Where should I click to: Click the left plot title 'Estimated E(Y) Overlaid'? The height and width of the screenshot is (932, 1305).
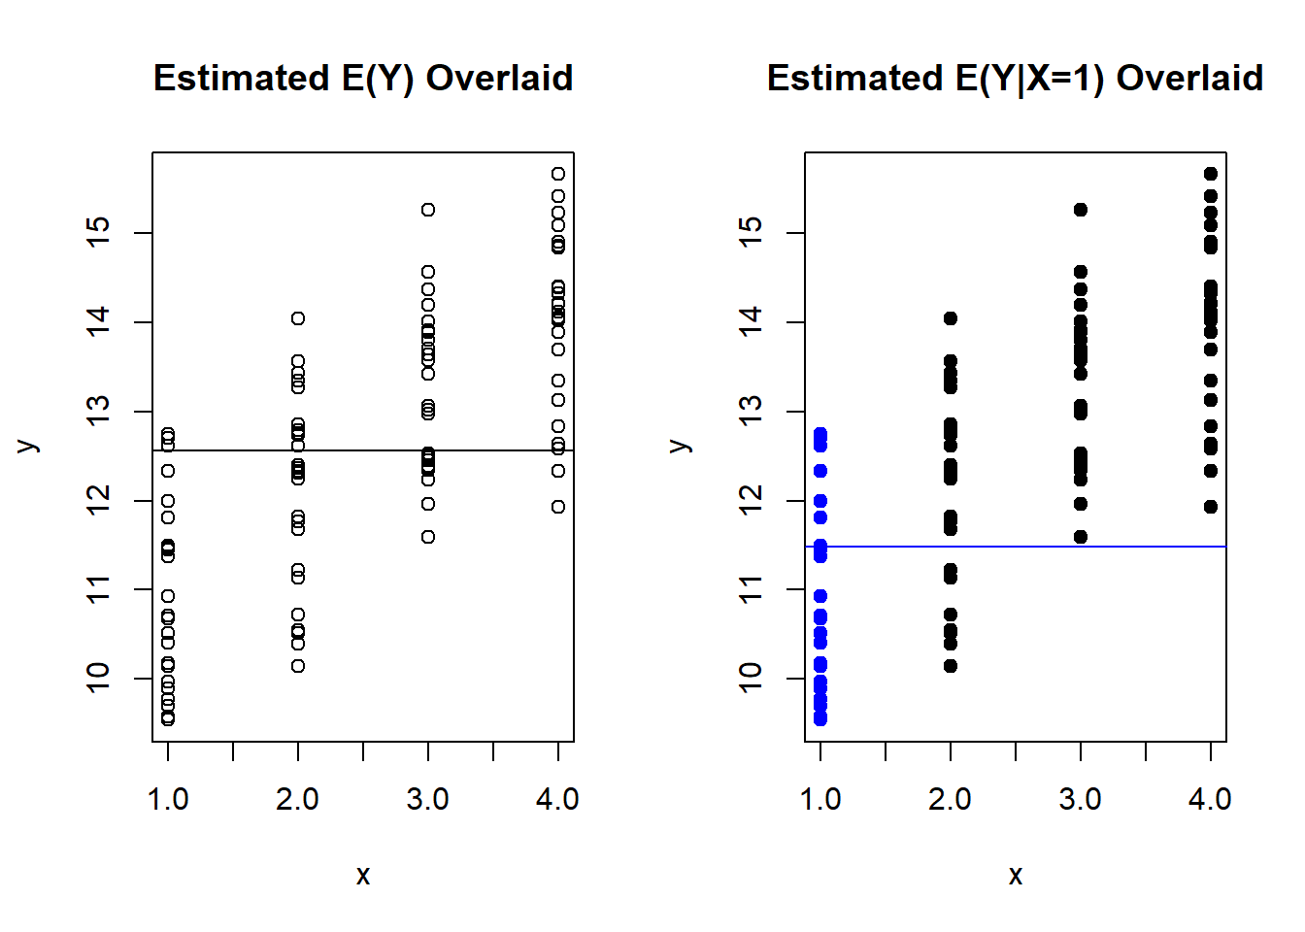363,78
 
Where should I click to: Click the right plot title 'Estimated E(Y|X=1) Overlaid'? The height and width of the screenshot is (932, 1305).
1015,78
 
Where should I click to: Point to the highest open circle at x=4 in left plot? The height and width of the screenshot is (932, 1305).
558,174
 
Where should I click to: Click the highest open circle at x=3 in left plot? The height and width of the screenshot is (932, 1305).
428,210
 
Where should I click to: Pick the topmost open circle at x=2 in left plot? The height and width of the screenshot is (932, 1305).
298,318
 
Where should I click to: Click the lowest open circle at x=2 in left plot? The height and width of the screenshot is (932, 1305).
298,666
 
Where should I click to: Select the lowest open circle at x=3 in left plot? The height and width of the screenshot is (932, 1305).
428,537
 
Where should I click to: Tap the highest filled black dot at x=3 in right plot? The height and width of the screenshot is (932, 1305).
1081,210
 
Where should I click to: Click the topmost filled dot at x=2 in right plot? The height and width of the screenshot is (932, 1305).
951,318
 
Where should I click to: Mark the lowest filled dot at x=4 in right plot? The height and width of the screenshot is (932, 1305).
1211,507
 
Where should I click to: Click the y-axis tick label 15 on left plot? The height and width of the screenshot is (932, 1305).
99,232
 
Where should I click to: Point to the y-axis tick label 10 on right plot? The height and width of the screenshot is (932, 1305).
752,678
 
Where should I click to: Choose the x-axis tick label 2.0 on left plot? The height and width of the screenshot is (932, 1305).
298,800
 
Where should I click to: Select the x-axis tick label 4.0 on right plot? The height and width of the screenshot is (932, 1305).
1211,800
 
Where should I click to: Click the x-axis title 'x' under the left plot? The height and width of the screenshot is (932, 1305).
363,876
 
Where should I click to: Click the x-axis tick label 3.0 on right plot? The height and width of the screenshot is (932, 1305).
1081,800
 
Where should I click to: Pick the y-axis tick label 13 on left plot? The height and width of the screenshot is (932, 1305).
99,411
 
